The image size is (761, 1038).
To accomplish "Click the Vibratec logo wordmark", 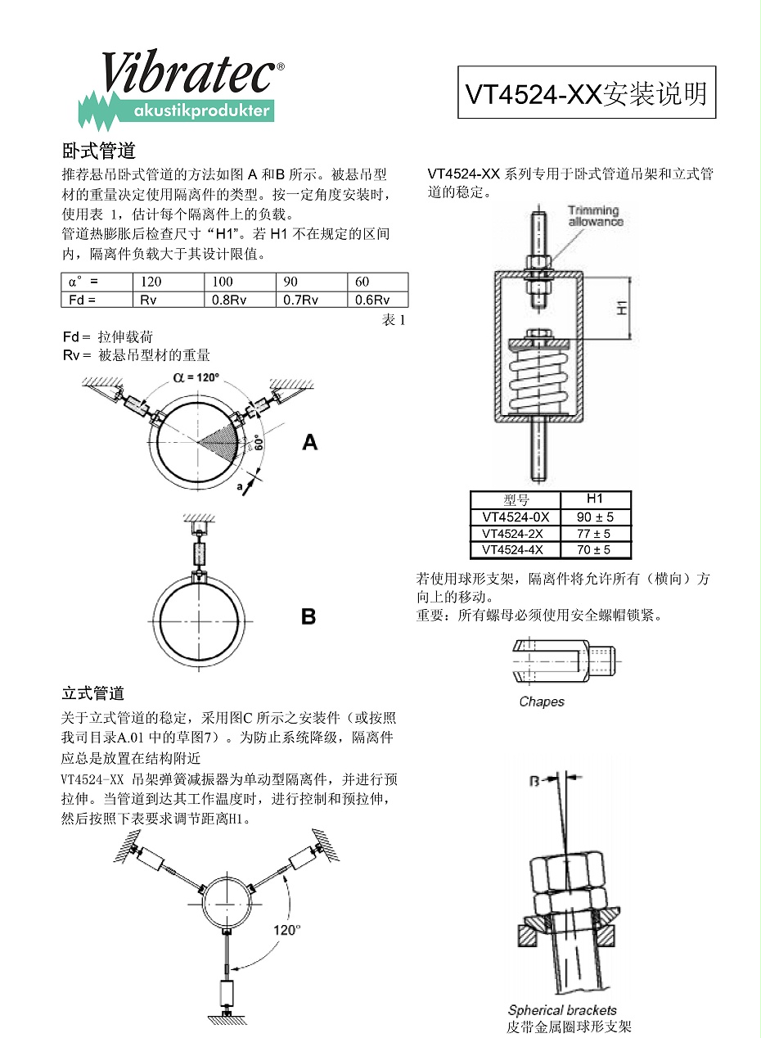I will tap(187, 74).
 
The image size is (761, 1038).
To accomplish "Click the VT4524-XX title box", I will tap(586, 93).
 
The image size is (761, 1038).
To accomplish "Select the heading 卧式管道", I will tap(98, 151).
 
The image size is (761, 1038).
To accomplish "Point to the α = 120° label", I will tap(196, 377).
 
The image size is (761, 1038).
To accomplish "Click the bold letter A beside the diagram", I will tap(309, 443).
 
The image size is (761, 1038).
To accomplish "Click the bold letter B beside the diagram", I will tap(308, 616).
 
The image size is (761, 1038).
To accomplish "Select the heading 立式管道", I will tap(93, 694).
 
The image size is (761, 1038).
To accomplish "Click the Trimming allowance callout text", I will tap(595, 216).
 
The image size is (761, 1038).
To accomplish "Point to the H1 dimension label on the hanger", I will tap(622, 308).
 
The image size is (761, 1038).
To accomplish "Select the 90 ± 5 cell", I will tap(595, 517).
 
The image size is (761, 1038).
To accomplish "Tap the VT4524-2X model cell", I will tap(515, 533).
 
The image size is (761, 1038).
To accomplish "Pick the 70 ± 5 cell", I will tap(595, 549).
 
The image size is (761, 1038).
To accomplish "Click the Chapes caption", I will tap(542, 702).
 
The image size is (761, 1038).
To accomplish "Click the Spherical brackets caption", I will tap(562, 1010).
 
